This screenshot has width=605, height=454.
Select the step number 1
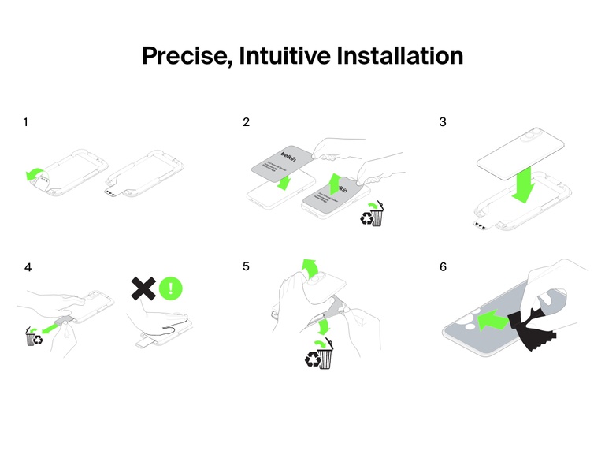point(26,122)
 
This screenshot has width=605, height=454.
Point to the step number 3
point(443,122)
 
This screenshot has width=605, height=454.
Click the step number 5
point(247,266)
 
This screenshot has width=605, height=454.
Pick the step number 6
point(443,266)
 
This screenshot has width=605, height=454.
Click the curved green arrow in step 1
point(35,174)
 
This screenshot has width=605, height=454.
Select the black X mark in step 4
point(143,288)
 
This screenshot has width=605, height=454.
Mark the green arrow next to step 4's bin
point(51,326)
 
